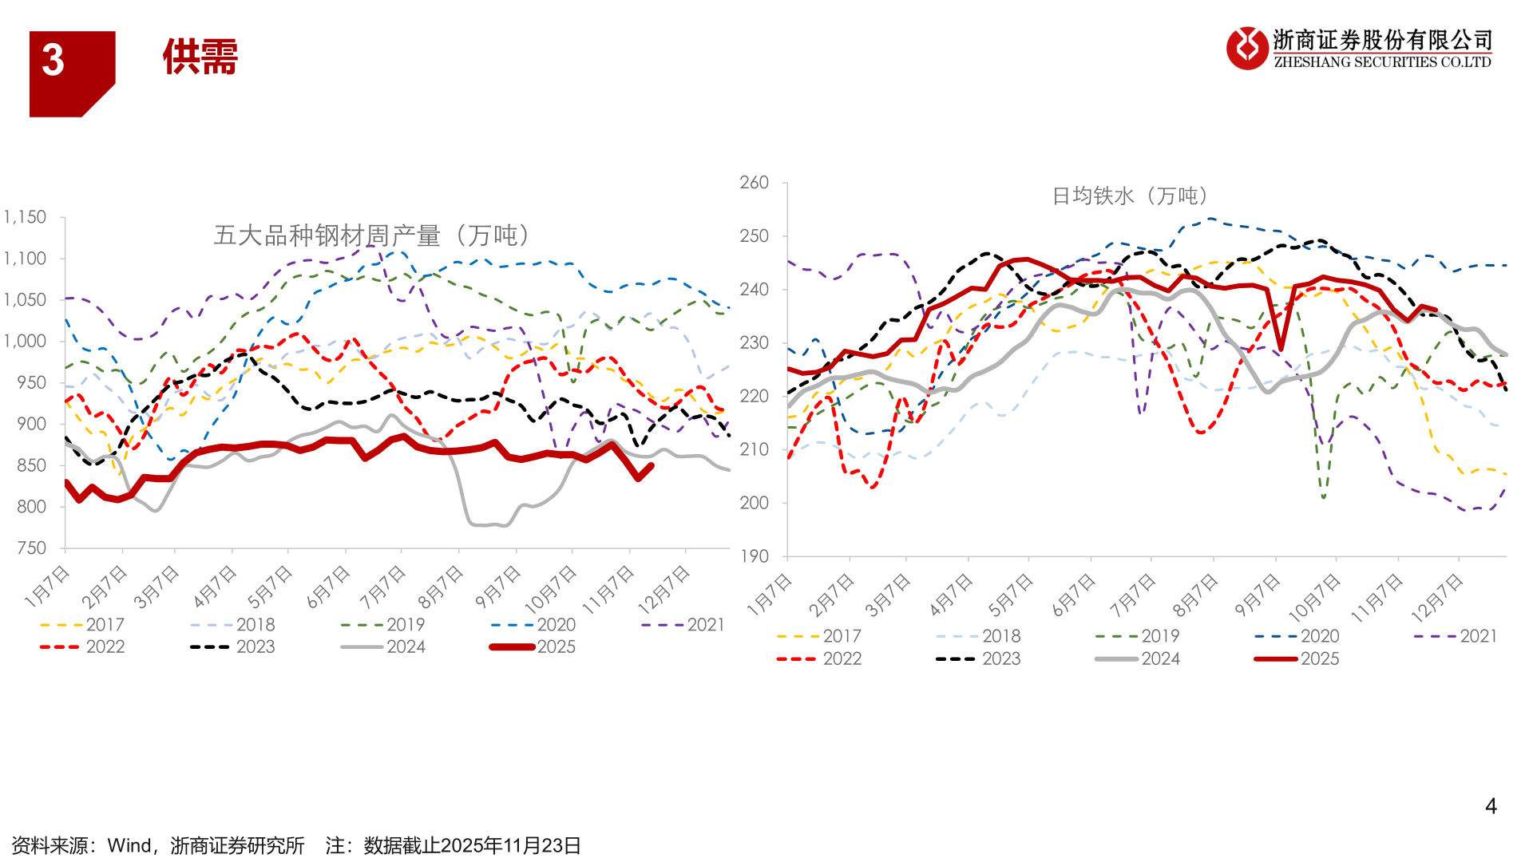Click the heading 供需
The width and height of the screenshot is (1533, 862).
pos(200,57)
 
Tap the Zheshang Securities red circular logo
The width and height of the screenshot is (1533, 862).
pos(1246,48)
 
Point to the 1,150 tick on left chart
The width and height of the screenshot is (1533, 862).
pos(26,217)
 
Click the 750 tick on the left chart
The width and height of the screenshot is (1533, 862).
pos(32,548)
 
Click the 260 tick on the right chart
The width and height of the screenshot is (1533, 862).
pos(754,183)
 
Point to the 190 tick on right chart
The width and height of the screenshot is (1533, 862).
pos(754,556)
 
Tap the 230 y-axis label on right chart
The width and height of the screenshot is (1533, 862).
pos(754,342)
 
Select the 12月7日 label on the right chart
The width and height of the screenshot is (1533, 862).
pos(1436,598)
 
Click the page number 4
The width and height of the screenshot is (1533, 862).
pos(1490,806)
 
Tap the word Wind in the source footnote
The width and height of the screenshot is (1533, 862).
pos(129,845)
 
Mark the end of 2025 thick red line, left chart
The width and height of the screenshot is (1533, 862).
pos(652,465)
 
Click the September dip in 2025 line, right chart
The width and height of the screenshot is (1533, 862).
pos(1281,349)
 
